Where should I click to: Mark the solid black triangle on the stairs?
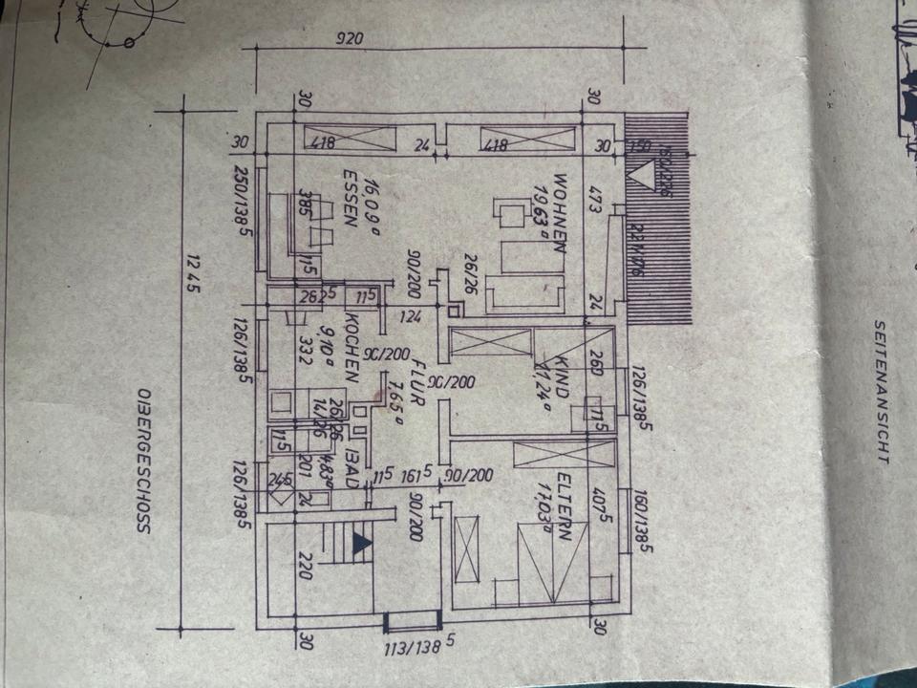361,544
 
